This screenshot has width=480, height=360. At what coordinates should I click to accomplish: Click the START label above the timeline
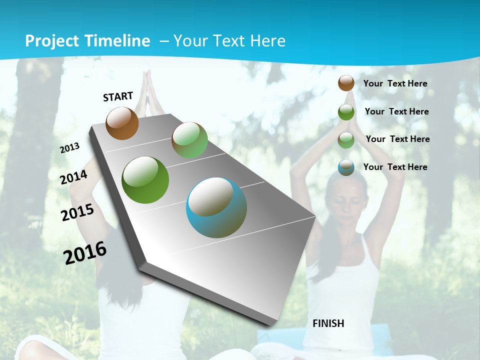point(118,96)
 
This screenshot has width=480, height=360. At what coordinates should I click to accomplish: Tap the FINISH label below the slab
point(328,323)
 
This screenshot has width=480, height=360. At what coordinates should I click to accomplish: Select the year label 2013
point(70,147)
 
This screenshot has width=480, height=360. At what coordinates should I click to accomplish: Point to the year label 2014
point(74,177)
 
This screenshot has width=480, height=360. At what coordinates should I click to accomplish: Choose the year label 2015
point(77,212)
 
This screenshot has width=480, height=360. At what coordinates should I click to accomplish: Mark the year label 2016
point(85,252)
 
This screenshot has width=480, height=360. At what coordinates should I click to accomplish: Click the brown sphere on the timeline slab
point(122,123)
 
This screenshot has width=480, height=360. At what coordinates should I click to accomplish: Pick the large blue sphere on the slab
point(216,207)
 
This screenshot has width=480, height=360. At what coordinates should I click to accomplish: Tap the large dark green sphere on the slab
point(145,180)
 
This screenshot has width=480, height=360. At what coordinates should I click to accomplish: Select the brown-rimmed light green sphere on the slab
point(189,140)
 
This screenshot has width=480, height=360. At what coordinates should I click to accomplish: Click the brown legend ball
point(346,83)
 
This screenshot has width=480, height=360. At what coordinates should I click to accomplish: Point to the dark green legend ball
point(346,112)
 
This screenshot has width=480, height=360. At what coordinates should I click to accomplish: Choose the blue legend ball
point(346,167)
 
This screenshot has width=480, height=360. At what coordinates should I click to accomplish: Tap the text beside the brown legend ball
point(395,83)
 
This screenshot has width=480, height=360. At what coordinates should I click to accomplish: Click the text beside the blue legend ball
point(395,167)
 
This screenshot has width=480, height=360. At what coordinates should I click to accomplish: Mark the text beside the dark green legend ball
point(396,111)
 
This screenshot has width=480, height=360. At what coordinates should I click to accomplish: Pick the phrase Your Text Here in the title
point(229,41)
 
